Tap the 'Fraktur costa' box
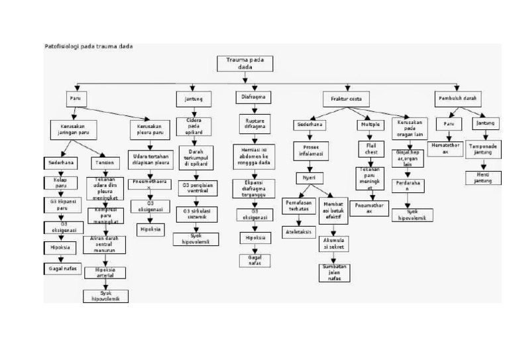tap(346, 99)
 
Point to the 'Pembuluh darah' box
tap(458, 98)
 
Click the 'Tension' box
tap(104, 162)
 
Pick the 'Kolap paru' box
tap(60, 182)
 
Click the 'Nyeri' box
tap(310, 178)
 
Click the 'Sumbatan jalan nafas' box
tap(335, 272)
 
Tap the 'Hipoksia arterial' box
tap(105, 272)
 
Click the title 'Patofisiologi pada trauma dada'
tap(88, 46)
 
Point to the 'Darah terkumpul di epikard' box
tap(196, 159)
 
